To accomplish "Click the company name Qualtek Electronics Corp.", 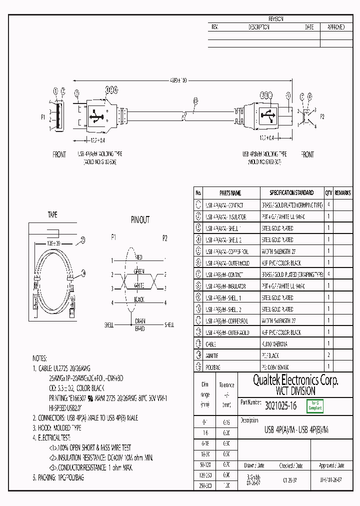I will [288, 380].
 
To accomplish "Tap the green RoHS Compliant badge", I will [315, 406].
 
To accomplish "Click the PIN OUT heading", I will [140, 219].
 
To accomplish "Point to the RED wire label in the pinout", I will [139, 257].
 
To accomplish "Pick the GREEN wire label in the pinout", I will [139, 271].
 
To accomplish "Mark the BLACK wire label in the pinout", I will [139, 299].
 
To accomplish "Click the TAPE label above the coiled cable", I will [52, 215].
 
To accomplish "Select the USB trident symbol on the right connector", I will [270, 116].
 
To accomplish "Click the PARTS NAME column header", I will [230, 192].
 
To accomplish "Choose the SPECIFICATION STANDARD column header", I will [291, 192].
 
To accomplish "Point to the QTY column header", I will [328, 192].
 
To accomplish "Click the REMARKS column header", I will [342, 192].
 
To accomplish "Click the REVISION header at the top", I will [276, 19].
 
